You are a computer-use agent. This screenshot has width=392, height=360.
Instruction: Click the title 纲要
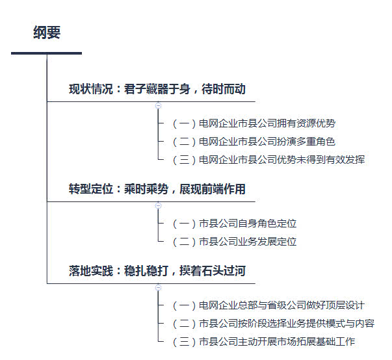pos(47,32)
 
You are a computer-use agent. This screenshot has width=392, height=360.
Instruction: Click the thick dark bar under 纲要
pos(47,53)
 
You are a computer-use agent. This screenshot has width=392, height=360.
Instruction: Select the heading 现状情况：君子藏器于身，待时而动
pos(157,89)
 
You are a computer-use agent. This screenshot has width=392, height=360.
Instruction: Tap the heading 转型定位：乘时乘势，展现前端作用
pos(157,189)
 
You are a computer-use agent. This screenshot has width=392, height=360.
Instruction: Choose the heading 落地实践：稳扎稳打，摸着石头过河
pos(157,271)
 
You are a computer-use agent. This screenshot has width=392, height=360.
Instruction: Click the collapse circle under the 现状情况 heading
pos(158,106)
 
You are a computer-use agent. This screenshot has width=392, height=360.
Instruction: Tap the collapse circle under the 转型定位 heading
pos(158,205)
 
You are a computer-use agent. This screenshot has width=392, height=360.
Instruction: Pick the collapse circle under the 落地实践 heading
pos(158,288)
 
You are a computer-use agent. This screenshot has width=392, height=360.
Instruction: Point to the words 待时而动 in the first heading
pos(224,89)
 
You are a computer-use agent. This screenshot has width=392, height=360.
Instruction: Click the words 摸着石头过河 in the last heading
pos(213,271)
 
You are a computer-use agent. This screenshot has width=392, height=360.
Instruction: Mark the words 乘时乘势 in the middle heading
pos(146,189)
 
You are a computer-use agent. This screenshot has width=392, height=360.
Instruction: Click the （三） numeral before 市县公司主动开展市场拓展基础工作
pos(184,342)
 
